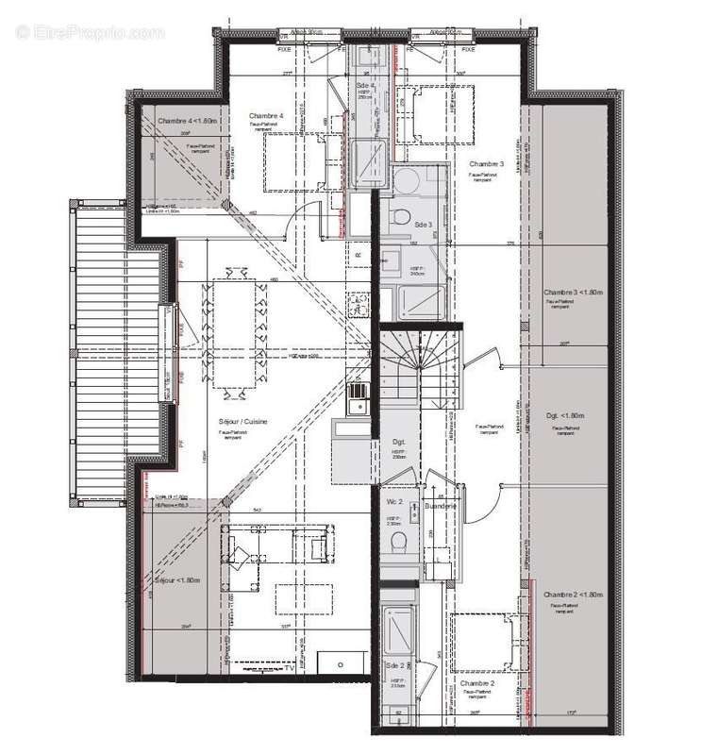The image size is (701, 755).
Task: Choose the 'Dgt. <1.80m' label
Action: click(x=566, y=416)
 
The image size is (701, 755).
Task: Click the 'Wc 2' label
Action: click(x=394, y=501)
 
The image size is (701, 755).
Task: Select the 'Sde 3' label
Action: click(x=422, y=225)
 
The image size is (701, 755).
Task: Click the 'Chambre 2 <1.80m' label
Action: click(x=572, y=594)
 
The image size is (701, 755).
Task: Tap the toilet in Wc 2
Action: click(x=399, y=544)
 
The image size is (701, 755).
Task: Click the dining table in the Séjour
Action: click(x=233, y=333)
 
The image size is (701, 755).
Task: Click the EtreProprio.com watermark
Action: click(x=91, y=32)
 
